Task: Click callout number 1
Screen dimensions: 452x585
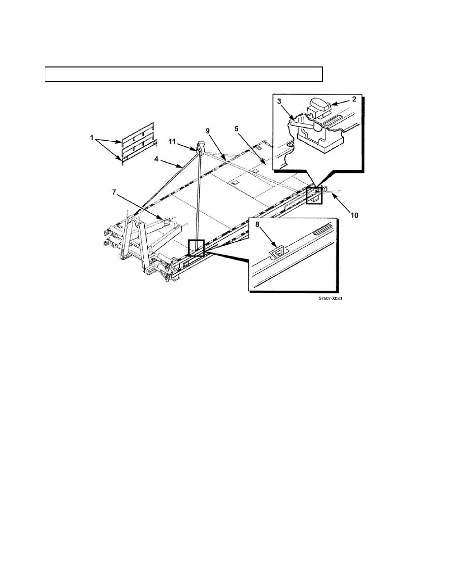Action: [92, 138]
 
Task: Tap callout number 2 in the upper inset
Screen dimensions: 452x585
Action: [354, 99]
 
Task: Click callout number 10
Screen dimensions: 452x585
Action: [355, 215]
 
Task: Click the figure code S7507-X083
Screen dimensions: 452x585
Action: [330, 299]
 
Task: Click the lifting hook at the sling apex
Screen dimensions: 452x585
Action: [199, 147]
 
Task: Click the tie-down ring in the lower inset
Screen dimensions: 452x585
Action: [277, 253]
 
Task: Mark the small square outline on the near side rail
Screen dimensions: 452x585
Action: [196, 248]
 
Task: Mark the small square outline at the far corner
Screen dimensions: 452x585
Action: [314, 195]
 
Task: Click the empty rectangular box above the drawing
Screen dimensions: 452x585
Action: [184, 74]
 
